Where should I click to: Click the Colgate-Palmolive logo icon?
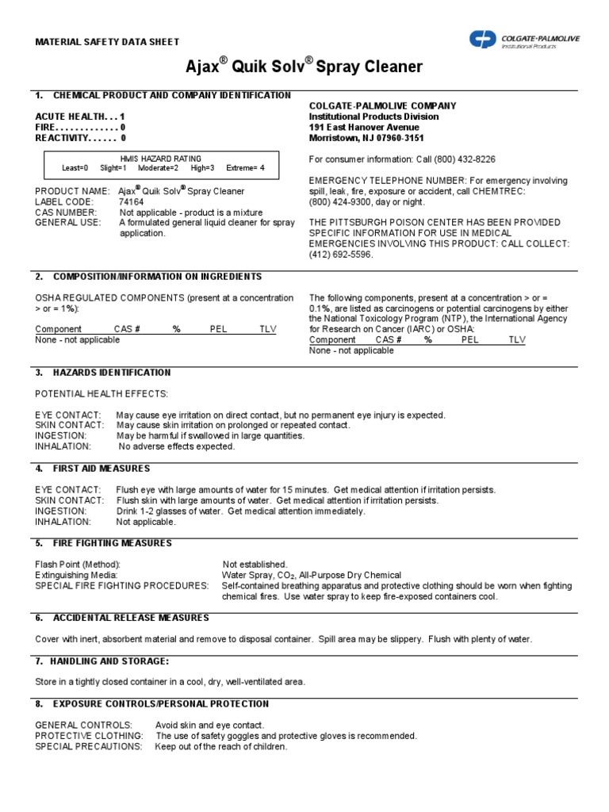point(482,39)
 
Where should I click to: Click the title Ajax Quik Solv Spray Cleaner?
point(304,67)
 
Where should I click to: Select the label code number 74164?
point(132,201)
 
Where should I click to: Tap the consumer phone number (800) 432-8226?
point(462,159)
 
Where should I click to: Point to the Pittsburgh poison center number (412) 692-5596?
point(341,255)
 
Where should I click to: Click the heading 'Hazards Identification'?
point(111,372)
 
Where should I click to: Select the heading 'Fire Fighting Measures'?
point(112,543)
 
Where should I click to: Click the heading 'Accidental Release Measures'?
point(131,617)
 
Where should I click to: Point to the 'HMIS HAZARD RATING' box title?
point(160,159)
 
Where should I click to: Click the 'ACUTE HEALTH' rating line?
point(80,117)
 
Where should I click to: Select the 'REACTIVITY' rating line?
point(80,138)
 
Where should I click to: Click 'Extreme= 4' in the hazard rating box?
point(245,168)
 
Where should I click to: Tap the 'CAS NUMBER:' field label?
point(66,213)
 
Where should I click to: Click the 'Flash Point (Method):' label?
point(78,564)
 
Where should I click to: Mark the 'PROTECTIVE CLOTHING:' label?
point(89,736)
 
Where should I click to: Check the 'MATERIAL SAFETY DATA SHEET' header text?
point(107,42)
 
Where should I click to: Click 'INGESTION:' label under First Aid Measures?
point(60,511)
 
